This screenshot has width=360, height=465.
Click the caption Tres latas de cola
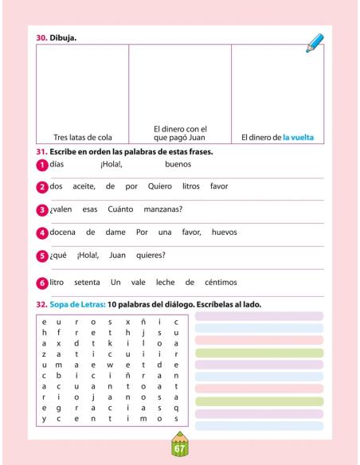83,136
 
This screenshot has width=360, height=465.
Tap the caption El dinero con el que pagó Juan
180,132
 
